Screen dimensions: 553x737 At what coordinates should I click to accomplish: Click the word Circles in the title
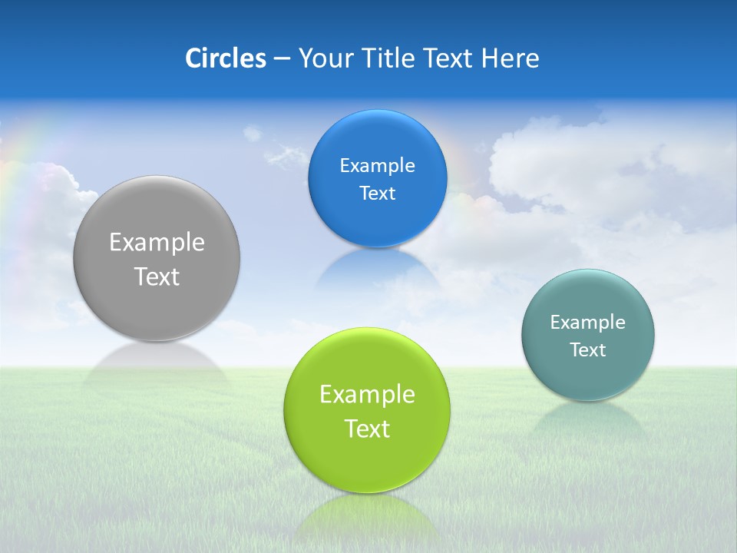(225, 58)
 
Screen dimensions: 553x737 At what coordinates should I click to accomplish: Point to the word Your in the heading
(323, 58)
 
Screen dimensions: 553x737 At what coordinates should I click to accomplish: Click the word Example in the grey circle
(157, 243)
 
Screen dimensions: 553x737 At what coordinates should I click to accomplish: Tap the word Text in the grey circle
(157, 276)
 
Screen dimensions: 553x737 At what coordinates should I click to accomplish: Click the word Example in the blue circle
(377, 166)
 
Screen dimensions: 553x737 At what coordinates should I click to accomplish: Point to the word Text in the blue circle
(377, 194)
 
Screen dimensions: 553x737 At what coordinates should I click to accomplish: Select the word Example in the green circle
(367, 395)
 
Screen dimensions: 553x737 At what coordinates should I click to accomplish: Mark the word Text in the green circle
(367, 429)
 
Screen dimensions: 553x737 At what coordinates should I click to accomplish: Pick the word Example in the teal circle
(588, 323)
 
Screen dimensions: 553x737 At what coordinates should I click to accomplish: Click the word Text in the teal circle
(588, 350)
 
